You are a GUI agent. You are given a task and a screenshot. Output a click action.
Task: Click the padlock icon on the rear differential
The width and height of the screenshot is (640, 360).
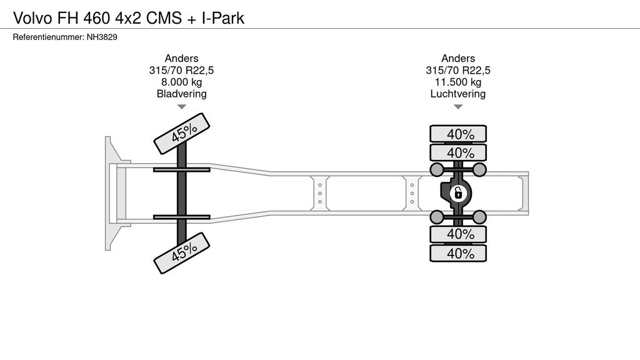[457, 193]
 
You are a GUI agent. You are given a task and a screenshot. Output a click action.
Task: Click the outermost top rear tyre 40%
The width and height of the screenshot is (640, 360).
[458, 134]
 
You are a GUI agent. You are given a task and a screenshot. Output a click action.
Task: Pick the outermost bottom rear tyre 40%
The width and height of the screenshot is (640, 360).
[458, 253]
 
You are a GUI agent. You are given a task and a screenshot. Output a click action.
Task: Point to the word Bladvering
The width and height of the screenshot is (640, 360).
[181, 94]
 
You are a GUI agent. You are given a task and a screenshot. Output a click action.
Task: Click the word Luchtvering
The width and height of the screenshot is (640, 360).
[458, 94]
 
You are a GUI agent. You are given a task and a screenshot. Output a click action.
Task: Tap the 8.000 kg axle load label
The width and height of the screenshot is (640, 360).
[181, 82]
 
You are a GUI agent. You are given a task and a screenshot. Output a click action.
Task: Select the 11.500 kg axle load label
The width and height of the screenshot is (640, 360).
[458, 82]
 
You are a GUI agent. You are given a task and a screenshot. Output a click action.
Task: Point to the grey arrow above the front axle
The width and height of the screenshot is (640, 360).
[181, 107]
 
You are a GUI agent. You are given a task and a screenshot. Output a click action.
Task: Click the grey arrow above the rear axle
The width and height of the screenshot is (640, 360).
[458, 107]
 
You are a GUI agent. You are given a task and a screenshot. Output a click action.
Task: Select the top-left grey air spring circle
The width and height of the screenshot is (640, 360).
[437, 170]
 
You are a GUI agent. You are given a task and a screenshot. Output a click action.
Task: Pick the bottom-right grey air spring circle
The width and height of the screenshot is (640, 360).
[479, 217]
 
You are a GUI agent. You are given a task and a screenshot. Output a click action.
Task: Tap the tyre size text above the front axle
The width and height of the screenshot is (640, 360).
[181, 70]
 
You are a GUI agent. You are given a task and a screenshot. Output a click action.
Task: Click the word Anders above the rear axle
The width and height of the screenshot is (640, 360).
[458, 58]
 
